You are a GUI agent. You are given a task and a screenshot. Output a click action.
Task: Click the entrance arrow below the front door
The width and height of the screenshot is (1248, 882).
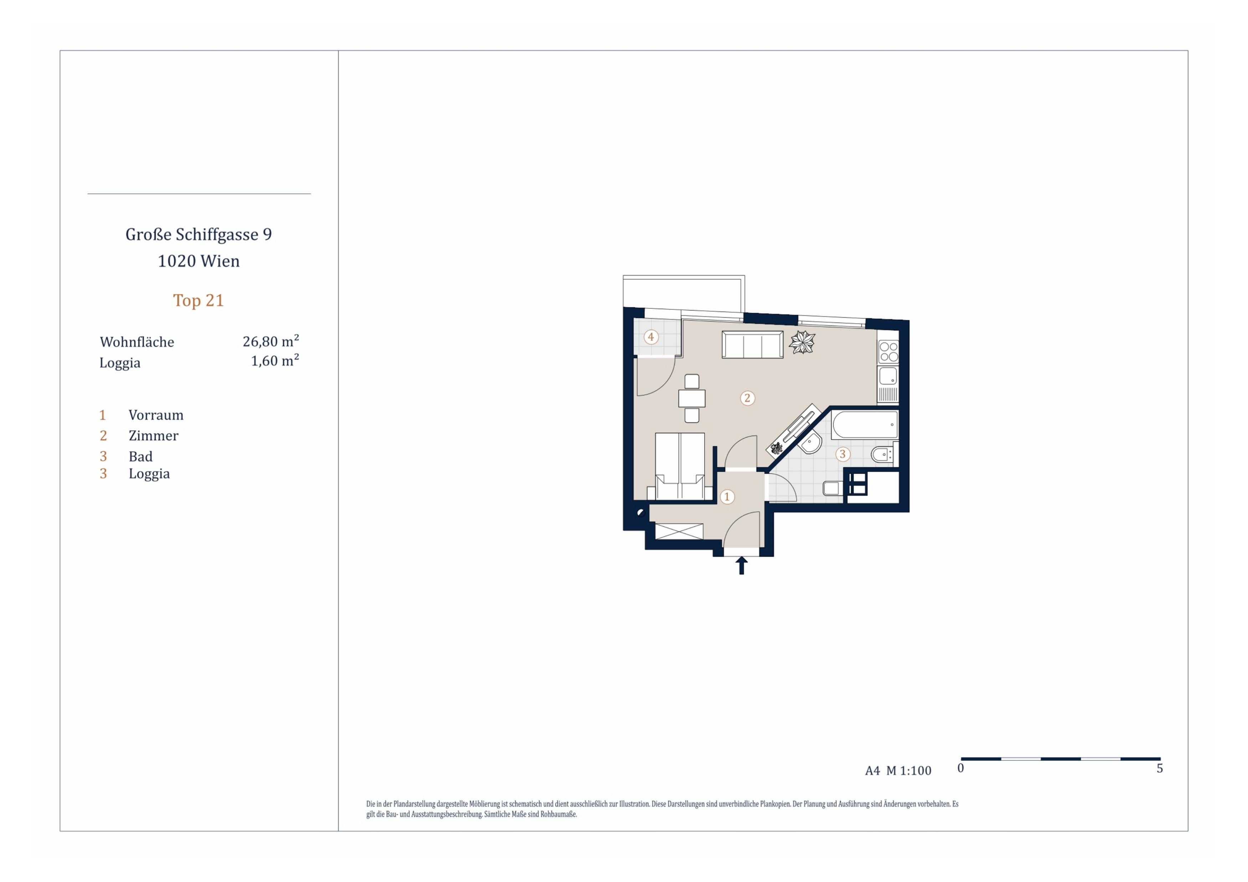[x=741, y=565]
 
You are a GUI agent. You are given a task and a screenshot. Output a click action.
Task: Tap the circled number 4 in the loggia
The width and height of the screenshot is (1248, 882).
[x=651, y=337]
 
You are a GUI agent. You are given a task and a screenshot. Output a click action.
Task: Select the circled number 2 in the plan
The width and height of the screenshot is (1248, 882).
[x=747, y=398]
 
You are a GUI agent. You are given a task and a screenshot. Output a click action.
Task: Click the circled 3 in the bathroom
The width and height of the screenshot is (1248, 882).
[x=843, y=454]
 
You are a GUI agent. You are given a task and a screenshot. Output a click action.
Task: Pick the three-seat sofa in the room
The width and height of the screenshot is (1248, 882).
[x=752, y=344]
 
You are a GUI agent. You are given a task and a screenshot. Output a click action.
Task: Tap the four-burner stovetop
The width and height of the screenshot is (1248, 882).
[x=888, y=352]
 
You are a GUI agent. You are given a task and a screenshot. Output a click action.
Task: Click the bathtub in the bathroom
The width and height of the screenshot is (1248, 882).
[x=865, y=425]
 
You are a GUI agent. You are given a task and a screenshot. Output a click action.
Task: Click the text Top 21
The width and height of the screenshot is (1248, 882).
[x=198, y=301]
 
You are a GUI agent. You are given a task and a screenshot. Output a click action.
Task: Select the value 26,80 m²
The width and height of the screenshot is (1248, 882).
[x=271, y=341]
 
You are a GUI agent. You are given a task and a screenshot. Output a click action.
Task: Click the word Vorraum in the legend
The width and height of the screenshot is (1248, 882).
[x=156, y=415]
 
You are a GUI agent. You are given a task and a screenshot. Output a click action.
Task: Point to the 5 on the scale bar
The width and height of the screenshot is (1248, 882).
[x=1160, y=768]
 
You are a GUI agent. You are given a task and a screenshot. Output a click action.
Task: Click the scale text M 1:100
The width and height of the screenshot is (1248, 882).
[x=909, y=771]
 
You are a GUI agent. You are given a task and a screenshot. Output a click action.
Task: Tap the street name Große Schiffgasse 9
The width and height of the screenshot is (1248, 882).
[x=198, y=234]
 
